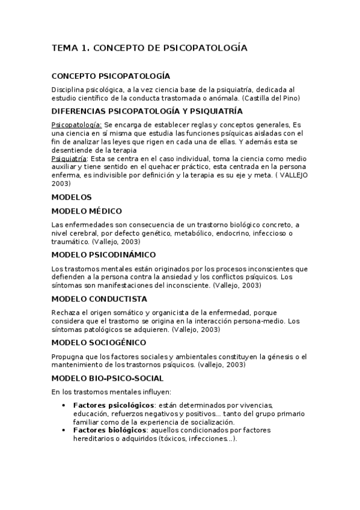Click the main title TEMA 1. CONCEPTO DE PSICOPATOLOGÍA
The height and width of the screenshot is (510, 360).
[x=149, y=48]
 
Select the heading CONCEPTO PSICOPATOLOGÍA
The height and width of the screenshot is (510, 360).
[x=111, y=76]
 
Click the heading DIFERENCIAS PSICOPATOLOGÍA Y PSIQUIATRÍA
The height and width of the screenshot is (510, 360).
[x=147, y=111]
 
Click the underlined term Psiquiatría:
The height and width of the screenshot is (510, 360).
[x=69, y=158]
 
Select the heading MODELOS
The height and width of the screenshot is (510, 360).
[x=72, y=197]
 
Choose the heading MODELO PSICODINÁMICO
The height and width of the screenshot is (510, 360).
[x=103, y=255]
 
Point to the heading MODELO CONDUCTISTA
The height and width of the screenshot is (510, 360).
[x=99, y=299]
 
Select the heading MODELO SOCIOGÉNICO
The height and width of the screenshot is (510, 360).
[x=99, y=343]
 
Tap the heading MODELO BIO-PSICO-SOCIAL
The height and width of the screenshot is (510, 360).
[x=108, y=378]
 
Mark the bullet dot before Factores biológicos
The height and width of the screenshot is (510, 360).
[x=64, y=431]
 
